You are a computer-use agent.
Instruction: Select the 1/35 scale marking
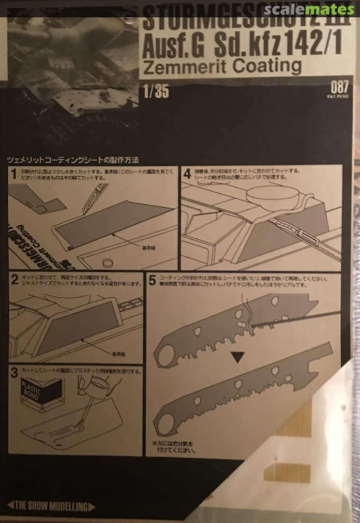[156, 91]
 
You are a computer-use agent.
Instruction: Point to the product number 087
[339, 88]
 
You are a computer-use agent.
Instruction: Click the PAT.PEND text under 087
[339, 96]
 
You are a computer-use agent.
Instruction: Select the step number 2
[14, 279]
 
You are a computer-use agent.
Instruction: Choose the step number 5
[152, 280]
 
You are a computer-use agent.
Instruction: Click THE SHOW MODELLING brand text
[51, 507]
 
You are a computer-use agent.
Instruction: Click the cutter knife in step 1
[92, 199]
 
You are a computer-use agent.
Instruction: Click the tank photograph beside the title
[73, 63]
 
